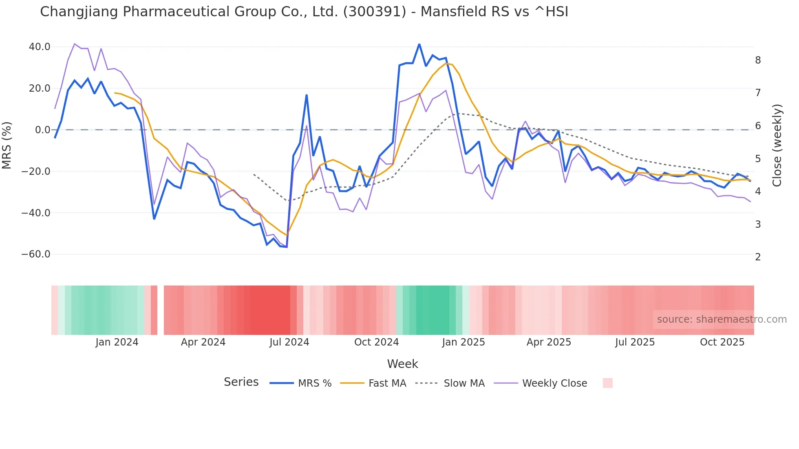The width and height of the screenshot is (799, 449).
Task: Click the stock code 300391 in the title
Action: (x=375, y=12)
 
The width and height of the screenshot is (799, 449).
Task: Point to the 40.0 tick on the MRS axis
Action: (x=40, y=47)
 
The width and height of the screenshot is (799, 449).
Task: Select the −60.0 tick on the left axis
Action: (x=36, y=254)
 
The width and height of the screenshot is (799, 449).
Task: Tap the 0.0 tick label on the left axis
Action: (x=42, y=130)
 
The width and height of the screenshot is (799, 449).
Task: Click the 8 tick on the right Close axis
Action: (x=758, y=60)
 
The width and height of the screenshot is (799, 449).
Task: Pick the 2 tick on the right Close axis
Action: (x=758, y=257)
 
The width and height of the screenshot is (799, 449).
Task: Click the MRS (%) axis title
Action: (x=7, y=145)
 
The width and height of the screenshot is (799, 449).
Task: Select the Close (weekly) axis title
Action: (x=777, y=145)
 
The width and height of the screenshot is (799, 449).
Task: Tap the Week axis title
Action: (x=402, y=364)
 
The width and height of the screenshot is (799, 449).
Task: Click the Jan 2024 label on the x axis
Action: (x=117, y=342)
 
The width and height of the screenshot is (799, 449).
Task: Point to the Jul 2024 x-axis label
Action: (x=289, y=342)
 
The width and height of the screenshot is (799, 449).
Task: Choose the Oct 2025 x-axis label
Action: (x=722, y=342)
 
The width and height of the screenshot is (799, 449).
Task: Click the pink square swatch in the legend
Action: (x=607, y=383)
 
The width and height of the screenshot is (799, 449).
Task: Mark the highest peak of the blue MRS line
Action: (x=419, y=44)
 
